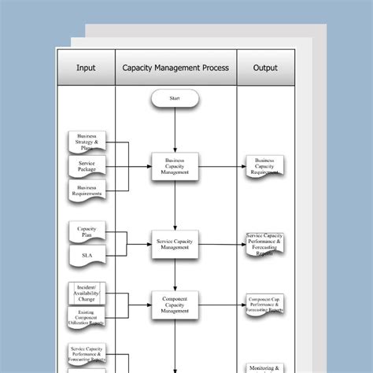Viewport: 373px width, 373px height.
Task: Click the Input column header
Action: (x=86, y=68)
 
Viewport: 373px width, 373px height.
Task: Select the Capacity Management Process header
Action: (x=175, y=68)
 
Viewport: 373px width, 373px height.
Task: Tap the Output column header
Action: (x=265, y=68)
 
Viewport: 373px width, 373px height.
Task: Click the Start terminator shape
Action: (x=174, y=99)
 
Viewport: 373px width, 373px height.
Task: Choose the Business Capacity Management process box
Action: (x=175, y=167)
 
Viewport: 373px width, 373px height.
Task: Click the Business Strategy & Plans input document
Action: (x=87, y=142)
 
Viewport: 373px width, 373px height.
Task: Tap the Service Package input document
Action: (x=87, y=166)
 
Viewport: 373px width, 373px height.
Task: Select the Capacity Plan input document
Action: (x=87, y=232)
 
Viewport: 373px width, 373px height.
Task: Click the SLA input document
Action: (x=87, y=256)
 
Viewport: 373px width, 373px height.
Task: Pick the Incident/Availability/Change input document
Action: (x=87, y=293)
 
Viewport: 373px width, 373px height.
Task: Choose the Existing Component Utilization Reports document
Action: (x=87, y=317)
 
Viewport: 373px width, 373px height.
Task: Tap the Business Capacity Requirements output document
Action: (x=265, y=166)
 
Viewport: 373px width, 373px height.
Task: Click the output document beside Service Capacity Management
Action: (x=265, y=244)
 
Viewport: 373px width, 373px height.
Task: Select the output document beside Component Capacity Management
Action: (x=265, y=304)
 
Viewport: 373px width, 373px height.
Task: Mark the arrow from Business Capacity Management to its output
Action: (x=221, y=167)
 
